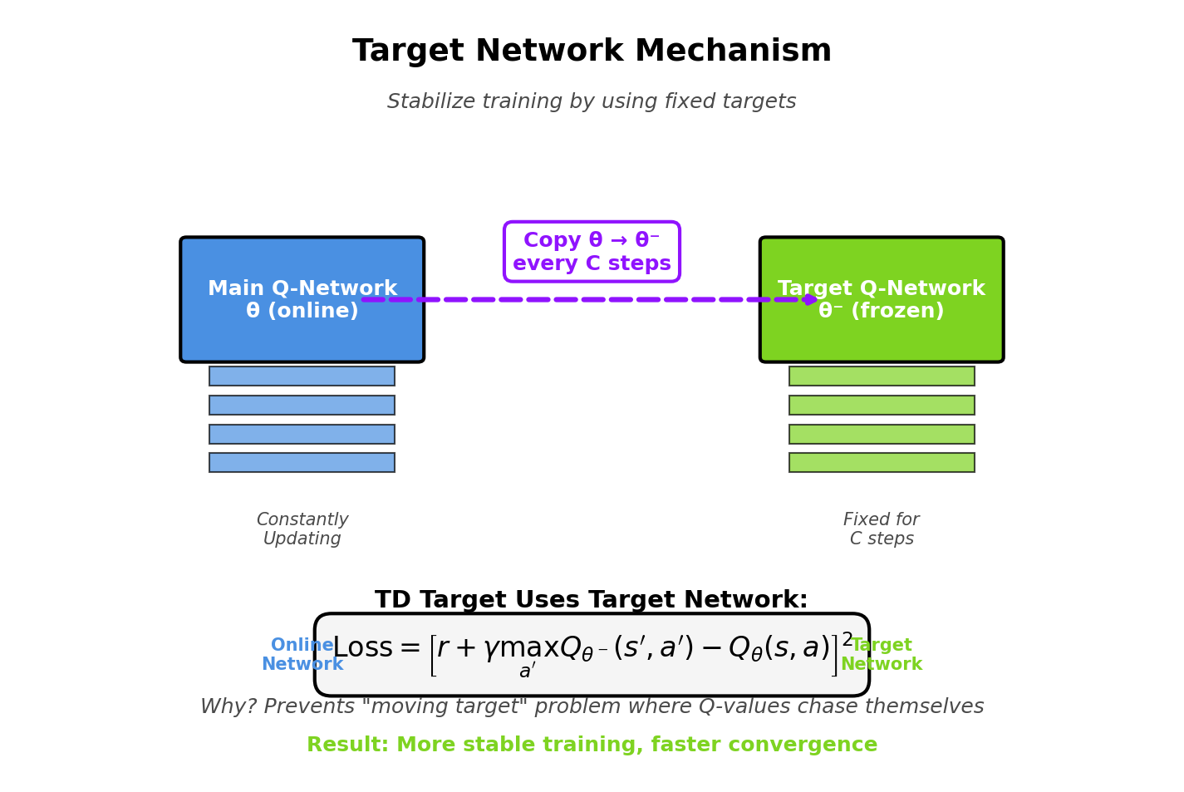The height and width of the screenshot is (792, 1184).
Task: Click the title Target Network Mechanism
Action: [592, 52]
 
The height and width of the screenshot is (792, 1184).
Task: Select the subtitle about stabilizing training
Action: [592, 102]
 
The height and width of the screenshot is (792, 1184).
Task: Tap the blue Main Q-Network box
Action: [302, 332]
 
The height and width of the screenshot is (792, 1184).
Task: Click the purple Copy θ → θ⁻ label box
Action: [592, 252]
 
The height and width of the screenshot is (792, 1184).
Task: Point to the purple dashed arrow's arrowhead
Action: [812, 299]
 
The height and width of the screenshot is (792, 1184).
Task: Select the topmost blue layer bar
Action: [302, 376]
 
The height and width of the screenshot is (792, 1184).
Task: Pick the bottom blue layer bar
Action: [302, 462]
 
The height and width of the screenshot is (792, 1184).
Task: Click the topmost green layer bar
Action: [881, 376]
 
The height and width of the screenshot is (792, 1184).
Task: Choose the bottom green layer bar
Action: [881, 462]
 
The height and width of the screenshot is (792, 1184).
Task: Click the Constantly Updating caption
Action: [302, 529]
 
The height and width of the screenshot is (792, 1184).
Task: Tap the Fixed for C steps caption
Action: [881, 529]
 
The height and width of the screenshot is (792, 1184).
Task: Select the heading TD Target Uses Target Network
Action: [592, 600]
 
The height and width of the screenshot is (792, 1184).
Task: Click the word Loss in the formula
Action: [362, 648]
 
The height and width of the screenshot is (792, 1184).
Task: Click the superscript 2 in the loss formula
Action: [847, 639]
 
